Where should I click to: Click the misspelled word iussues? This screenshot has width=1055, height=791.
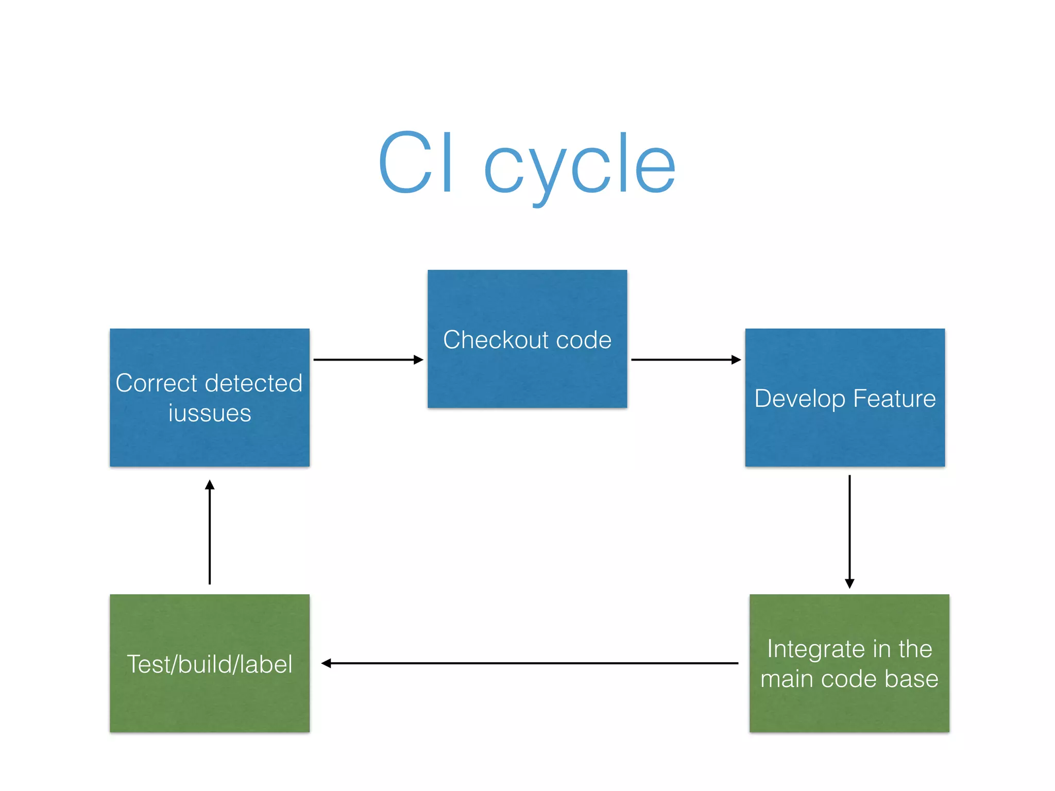click(x=210, y=414)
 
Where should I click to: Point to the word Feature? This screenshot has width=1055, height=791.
click(x=894, y=399)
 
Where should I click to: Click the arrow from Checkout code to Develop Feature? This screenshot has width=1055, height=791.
click(x=685, y=359)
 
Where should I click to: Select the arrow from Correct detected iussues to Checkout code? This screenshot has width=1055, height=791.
click(x=367, y=359)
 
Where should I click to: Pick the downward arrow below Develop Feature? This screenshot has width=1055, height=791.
click(x=849, y=530)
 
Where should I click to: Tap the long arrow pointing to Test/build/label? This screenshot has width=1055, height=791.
click(x=531, y=663)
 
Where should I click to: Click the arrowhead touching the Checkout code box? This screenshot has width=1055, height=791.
click(x=418, y=359)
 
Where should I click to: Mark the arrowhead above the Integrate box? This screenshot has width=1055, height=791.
click(x=849, y=583)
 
